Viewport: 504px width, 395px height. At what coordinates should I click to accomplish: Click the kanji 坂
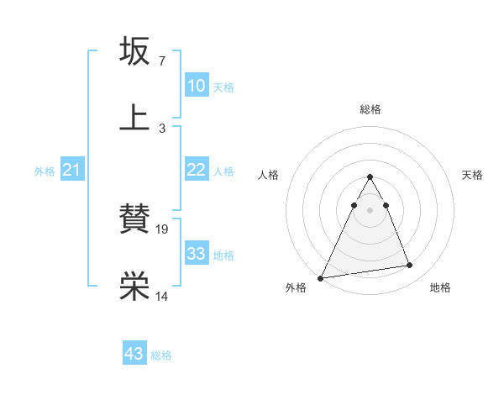point(135,51)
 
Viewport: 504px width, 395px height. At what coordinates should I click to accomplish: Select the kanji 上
point(135,118)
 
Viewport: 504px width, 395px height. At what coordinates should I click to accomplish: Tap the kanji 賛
point(135,219)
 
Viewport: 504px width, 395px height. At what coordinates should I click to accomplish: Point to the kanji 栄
point(135,287)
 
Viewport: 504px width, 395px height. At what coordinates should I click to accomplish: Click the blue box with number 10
point(196,86)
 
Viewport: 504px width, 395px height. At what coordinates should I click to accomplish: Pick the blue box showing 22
point(196,170)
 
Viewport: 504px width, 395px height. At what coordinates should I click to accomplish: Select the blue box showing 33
point(196,254)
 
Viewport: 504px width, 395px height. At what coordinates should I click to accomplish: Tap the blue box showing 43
point(134,354)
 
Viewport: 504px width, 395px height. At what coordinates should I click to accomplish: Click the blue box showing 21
point(72,170)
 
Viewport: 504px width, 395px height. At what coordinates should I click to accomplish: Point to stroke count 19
point(163,229)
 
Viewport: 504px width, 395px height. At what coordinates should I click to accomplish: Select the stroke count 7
point(161,61)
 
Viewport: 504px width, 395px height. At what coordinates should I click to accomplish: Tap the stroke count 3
point(161,128)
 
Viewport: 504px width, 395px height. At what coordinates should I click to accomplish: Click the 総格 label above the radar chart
point(370,109)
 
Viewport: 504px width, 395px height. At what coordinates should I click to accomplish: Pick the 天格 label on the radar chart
point(472,175)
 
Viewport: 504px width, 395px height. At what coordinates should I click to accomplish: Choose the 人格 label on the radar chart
point(267,175)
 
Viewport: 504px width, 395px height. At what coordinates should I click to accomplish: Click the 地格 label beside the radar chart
point(440,287)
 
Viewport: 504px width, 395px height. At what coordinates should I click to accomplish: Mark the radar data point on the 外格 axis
point(321,277)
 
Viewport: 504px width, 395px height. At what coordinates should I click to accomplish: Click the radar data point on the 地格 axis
point(410,266)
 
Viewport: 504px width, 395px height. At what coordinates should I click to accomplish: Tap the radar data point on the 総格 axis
point(370,176)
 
